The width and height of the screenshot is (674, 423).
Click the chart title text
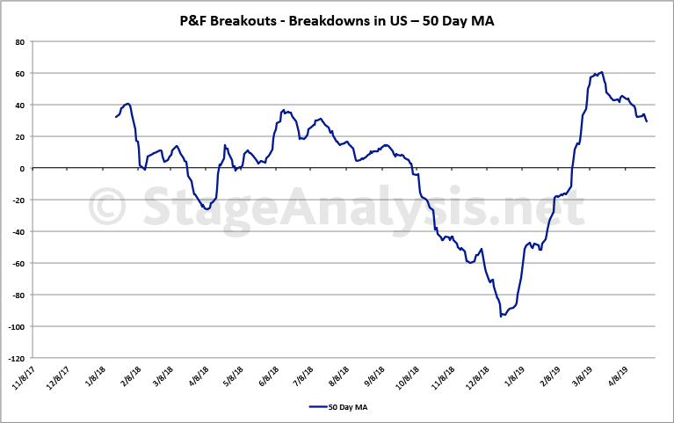click(337, 20)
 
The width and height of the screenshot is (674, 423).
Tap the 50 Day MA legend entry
click(337, 406)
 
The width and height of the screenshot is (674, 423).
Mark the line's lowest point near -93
click(501, 316)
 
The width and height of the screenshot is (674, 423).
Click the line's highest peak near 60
click(601, 72)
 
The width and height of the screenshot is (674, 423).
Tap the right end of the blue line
click(647, 121)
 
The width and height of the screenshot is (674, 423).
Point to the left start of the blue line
click(115, 117)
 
